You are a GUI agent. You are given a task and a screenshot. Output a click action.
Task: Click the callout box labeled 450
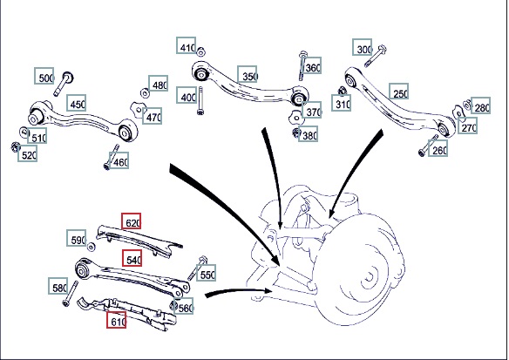(77, 103)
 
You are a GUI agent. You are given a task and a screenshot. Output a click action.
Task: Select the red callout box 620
(132, 221)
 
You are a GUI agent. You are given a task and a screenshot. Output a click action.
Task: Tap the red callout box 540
(132, 258)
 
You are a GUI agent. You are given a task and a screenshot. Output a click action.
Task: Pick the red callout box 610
(117, 320)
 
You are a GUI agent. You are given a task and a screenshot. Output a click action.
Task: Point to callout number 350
(248, 74)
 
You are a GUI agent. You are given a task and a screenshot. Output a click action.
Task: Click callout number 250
(399, 92)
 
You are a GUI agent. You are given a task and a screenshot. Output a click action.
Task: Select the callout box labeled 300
(363, 47)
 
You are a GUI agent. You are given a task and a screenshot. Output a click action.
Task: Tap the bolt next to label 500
(64, 84)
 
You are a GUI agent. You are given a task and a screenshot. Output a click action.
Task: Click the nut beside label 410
(201, 51)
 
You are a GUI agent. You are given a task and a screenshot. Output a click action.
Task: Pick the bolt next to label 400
(200, 100)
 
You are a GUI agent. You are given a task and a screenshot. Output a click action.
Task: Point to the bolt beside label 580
(70, 294)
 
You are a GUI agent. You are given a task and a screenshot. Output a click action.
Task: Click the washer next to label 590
(92, 247)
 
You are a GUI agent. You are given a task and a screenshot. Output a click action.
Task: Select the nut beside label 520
(16, 147)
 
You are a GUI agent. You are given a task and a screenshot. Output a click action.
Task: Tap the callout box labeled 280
(481, 105)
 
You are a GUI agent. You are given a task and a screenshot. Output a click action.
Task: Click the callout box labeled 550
(207, 273)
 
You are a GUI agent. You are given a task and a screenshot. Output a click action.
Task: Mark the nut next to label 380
(296, 132)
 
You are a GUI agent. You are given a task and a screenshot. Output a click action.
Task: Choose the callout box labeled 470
(152, 116)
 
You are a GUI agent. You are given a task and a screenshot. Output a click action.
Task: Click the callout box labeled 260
(438, 148)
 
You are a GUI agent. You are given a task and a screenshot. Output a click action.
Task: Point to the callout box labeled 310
(342, 103)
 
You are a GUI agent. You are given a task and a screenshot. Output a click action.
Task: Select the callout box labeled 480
(159, 83)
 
